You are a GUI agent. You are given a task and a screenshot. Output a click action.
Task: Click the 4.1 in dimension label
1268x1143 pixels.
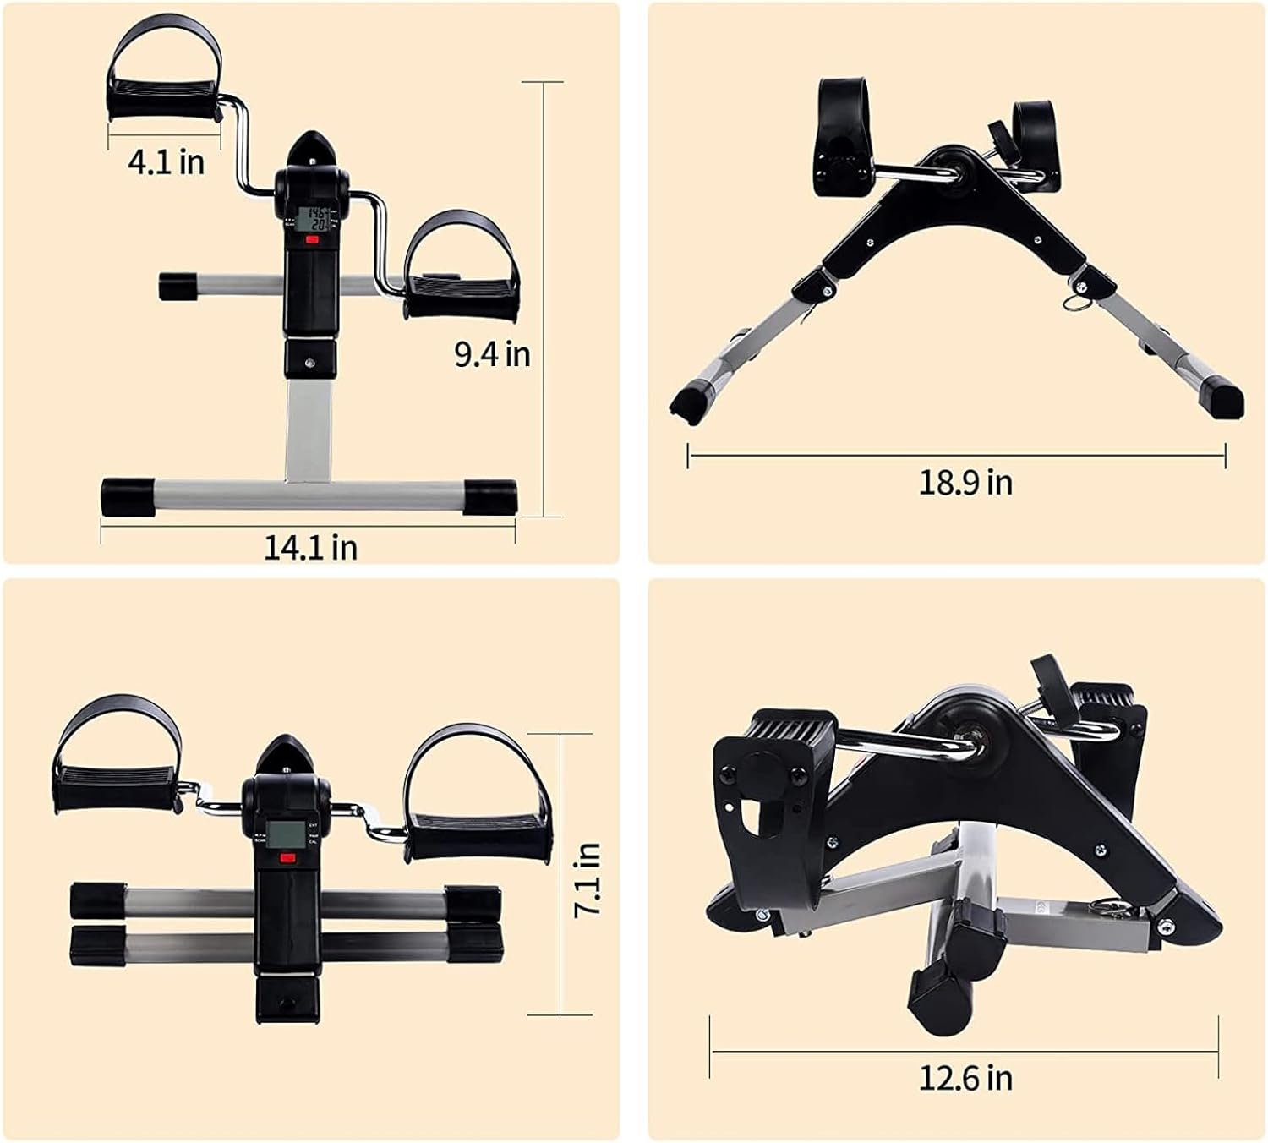[x=167, y=161]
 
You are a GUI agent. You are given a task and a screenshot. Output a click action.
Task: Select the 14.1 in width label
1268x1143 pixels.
[x=309, y=547]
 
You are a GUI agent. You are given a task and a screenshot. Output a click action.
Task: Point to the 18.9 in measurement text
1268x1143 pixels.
[x=965, y=483]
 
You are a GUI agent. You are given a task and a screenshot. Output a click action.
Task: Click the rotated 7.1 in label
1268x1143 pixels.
[x=586, y=881]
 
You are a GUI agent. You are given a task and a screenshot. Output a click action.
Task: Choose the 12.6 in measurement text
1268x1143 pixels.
[x=965, y=1078]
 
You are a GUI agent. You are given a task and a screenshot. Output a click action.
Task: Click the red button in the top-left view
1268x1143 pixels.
[x=312, y=239]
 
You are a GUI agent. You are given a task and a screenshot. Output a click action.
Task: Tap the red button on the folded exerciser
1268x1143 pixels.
[x=288, y=858]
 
